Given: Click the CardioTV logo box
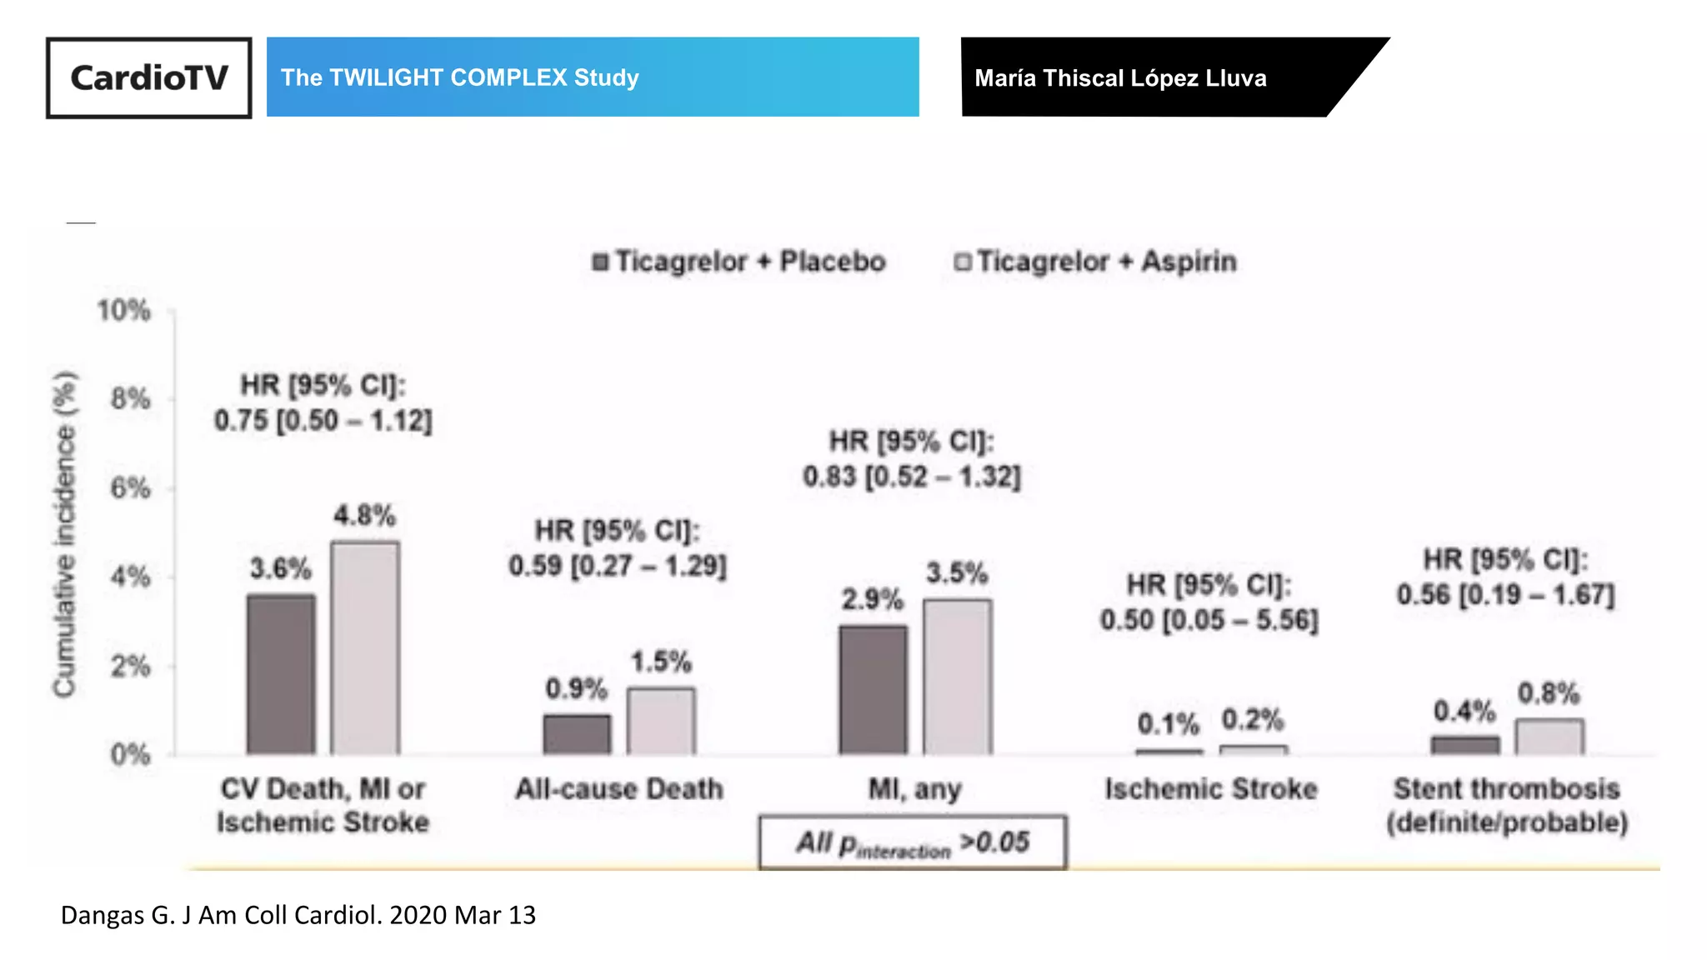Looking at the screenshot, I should coord(148,77).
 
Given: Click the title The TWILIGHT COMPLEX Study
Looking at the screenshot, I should coord(459,77).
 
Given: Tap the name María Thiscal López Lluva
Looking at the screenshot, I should coord(1120,78).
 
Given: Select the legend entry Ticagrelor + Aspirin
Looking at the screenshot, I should coord(1095,262).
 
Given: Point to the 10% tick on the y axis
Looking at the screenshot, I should coord(123,311).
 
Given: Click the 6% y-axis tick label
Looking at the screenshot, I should coord(130,488).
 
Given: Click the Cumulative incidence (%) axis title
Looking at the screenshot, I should coord(65,533).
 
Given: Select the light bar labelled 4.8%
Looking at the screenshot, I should coord(365,647).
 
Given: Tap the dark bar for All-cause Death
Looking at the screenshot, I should coord(577,734).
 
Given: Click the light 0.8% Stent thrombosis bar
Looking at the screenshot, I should coord(1549,737).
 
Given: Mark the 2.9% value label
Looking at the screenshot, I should coord(872,599).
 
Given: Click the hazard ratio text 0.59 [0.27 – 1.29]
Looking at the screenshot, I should coord(618,567).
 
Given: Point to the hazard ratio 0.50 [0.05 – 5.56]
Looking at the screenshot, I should coord(1209,621).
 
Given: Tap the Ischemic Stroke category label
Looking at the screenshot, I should coord(1210,789).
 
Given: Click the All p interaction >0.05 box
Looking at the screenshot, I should coord(913,842).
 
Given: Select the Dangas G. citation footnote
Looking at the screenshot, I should coord(298,915).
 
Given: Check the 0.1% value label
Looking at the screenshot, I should coord(1168,724).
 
